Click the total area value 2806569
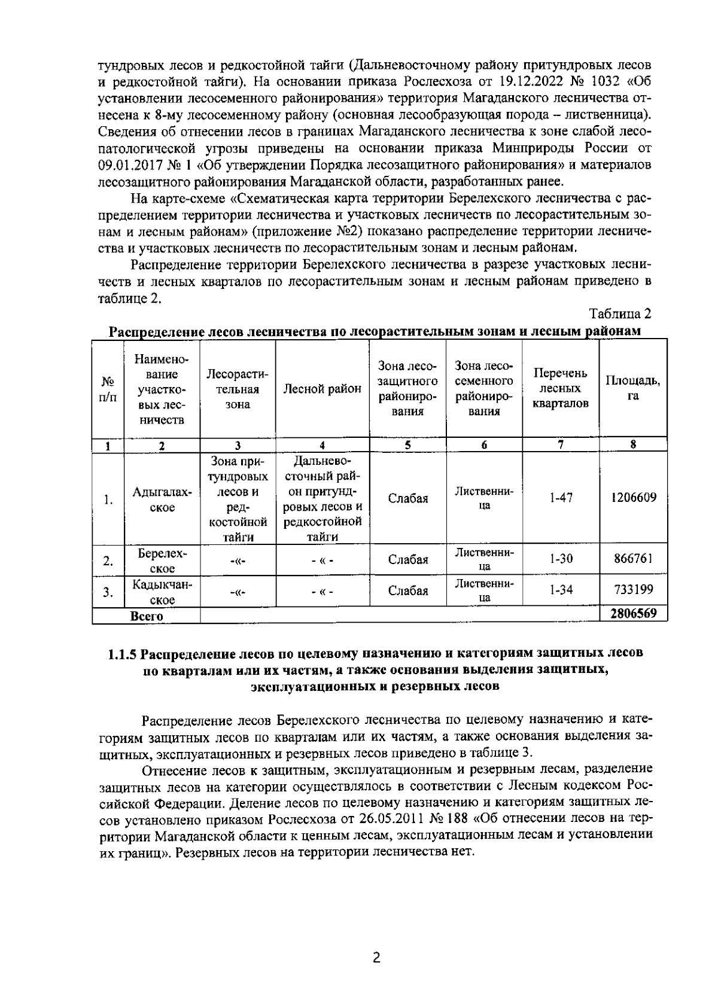coord(634,614)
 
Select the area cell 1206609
coord(634,498)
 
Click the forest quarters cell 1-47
coord(561,498)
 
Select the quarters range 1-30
coord(561,559)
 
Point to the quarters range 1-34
coord(561,590)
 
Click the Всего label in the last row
coord(147,616)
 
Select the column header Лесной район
coord(322,389)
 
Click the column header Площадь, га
coord(634,389)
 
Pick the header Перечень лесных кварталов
coord(561,388)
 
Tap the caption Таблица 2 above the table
coord(620,313)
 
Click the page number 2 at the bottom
coord(376,958)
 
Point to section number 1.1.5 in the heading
coord(124,653)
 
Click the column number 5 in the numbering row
coord(407,444)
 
